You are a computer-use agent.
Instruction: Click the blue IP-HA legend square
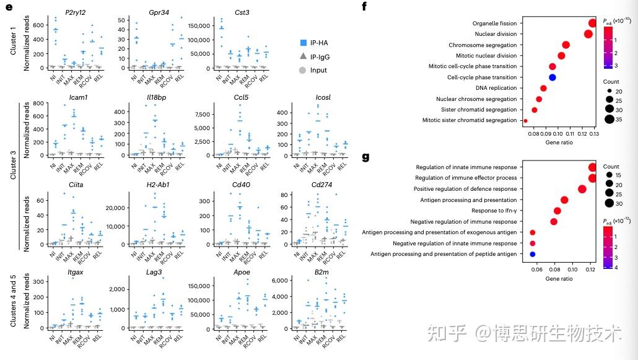click(x=302, y=43)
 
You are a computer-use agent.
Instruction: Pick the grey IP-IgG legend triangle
click(x=302, y=56)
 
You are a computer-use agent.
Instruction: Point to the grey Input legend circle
click(x=302, y=70)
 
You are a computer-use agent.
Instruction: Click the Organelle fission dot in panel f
click(x=593, y=23)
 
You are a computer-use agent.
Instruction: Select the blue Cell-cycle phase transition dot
click(x=553, y=77)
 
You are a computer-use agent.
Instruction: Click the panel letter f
click(x=364, y=6)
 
